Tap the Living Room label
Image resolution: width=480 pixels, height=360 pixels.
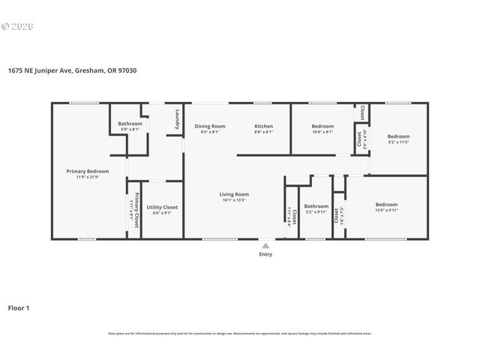point(234,194)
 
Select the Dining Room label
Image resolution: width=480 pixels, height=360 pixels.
point(210,126)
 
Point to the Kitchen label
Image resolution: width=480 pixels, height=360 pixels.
point(263,126)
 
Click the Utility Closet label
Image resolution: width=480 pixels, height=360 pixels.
point(162,206)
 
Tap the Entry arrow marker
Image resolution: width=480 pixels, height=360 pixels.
point(265,244)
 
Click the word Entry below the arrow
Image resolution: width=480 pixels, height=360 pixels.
point(265,254)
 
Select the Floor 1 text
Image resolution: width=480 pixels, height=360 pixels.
point(18,307)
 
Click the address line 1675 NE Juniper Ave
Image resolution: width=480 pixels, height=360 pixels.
point(73,70)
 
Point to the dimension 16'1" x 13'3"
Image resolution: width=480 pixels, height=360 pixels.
point(234,200)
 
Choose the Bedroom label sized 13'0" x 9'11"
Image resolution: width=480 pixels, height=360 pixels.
point(386,205)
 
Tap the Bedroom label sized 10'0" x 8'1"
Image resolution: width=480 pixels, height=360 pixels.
point(322,126)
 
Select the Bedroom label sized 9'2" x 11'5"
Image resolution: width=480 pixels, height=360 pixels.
point(398,136)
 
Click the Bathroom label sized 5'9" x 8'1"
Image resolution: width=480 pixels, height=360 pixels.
point(130,124)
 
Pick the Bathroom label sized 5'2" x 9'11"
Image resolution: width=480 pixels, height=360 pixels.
point(316,206)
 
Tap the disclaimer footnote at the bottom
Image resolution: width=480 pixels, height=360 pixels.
point(239,334)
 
